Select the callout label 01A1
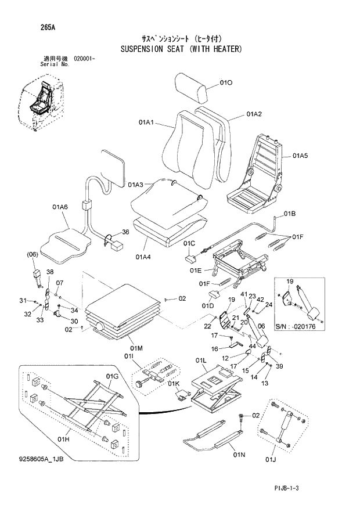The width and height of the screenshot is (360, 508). (146, 123)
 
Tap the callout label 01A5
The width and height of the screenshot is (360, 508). (300, 156)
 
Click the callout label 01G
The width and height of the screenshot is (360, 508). (112, 377)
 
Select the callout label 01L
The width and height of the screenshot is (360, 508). (201, 360)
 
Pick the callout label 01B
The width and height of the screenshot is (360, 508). (290, 214)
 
